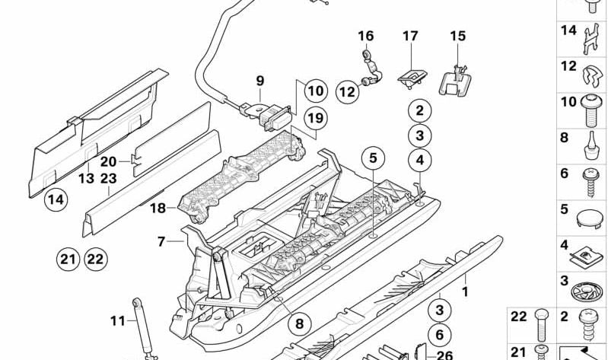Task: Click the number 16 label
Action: (x=366, y=36)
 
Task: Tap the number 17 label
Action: (x=410, y=36)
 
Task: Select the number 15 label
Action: (x=457, y=36)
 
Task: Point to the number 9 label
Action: (x=259, y=80)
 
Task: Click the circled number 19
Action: (x=314, y=118)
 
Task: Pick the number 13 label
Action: (x=86, y=178)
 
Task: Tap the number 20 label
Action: (x=108, y=161)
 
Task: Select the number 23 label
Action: (x=108, y=179)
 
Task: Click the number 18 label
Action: (x=158, y=208)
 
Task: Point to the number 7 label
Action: (x=161, y=242)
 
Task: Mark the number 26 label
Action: (x=445, y=354)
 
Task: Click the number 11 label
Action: (x=116, y=321)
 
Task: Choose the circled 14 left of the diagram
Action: (x=54, y=201)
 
